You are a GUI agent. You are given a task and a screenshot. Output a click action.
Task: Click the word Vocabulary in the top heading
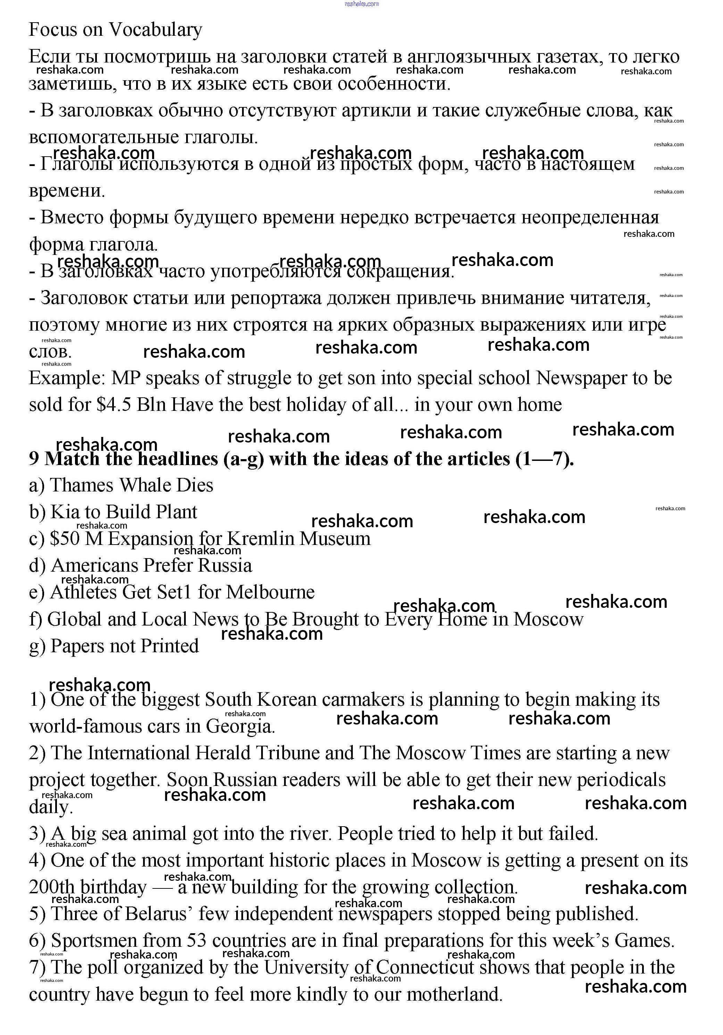(x=156, y=30)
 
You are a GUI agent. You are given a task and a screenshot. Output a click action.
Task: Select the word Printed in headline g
(x=169, y=646)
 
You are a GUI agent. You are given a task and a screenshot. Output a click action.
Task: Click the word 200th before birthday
(x=51, y=888)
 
